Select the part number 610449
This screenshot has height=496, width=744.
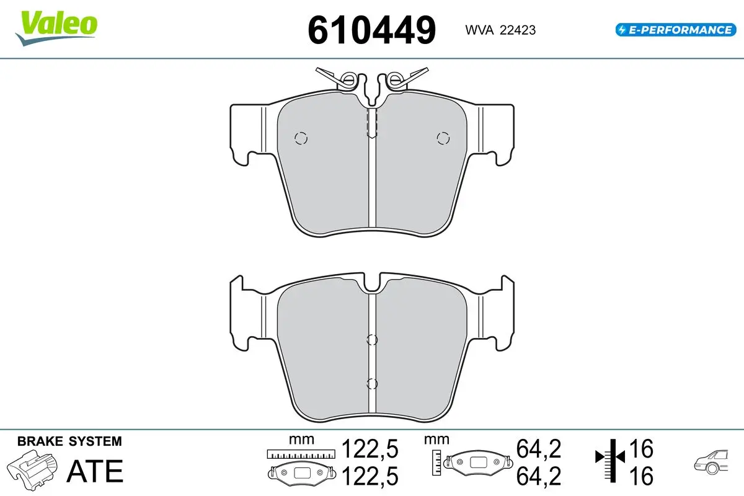pos(371,30)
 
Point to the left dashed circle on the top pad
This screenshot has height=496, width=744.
pos(301,138)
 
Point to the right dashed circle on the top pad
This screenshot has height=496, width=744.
pos(443,138)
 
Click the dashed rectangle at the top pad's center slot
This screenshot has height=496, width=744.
pos(372,122)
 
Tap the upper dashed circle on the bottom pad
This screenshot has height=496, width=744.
pos(372,339)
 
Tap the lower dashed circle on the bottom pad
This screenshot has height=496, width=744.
pos(372,383)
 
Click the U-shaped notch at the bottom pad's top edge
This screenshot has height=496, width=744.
pos(372,284)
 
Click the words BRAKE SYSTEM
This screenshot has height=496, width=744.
pos(69,441)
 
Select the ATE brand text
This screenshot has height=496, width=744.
pos(95,471)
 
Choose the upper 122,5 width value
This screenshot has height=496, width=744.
pos(370,448)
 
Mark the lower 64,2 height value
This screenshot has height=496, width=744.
pos(538,476)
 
